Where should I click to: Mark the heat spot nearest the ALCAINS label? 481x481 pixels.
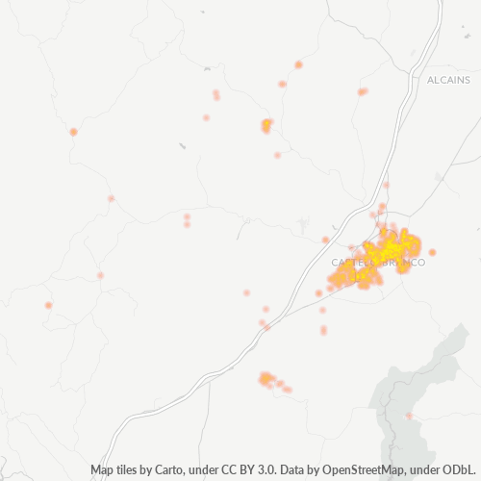pyautogui.click(x=363, y=91)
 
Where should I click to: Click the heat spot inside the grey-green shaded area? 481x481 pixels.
pyautogui.click(x=408, y=416)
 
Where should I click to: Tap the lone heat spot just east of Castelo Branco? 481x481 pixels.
pyautogui.click(x=433, y=252)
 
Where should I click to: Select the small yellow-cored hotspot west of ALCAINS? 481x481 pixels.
pyautogui.click(x=266, y=125)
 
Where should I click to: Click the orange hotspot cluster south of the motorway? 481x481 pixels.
pyautogui.click(x=266, y=380)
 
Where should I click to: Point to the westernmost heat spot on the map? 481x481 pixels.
pyautogui.click(x=48, y=306)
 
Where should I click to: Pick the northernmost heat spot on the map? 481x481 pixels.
pyautogui.click(x=298, y=64)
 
